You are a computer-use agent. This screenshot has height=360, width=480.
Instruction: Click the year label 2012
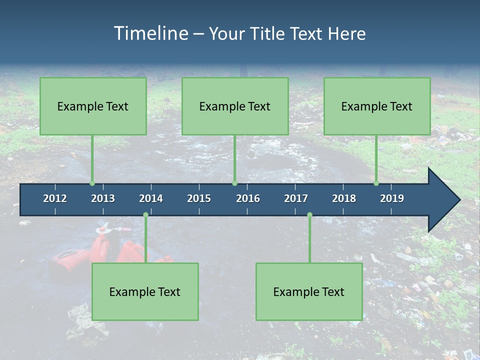click(x=55, y=198)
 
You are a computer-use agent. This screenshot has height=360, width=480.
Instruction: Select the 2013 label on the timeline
click(x=103, y=198)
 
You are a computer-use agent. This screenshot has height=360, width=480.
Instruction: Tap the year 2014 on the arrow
click(x=151, y=198)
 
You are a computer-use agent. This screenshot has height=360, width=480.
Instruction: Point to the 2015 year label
click(x=199, y=198)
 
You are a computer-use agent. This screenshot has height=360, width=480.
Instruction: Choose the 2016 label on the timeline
click(x=248, y=198)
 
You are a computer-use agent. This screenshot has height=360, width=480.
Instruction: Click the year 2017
click(x=296, y=198)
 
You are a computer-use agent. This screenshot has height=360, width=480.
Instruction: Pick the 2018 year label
click(x=344, y=198)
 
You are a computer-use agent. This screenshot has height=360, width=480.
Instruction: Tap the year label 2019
click(x=392, y=198)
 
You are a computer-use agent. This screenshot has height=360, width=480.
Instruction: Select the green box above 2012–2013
click(x=93, y=106)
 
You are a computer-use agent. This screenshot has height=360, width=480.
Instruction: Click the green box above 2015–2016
click(x=235, y=106)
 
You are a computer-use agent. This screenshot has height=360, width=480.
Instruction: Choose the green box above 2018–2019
click(x=377, y=106)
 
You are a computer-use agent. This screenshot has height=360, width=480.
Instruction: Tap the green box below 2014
click(x=145, y=291)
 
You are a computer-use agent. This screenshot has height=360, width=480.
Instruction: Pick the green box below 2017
click(x=309, y=291)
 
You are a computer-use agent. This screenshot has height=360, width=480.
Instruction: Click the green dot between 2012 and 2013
click(x=92, y=183)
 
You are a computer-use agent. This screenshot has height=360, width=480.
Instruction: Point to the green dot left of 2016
click(x=235, y=183)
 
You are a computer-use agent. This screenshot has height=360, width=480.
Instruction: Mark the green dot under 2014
click(x=145, y=215)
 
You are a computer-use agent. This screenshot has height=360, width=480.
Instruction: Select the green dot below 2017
click(x=309, y=215)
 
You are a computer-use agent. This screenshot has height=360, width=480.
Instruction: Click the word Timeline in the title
click(x=150, y=33)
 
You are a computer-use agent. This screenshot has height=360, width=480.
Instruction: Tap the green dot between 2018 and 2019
click(x=376, y=183)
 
